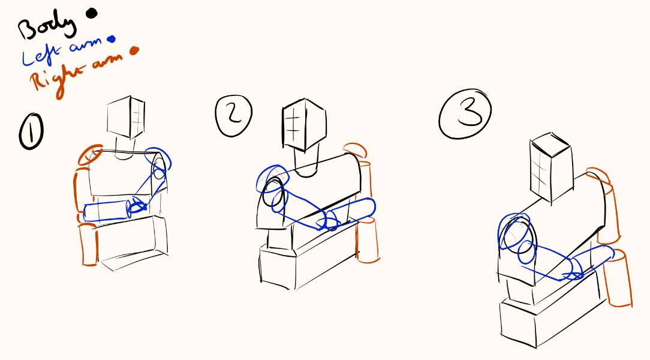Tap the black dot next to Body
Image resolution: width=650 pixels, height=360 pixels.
click(x=91, y=13)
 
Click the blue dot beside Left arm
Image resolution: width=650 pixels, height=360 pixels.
click(x=111, y=40)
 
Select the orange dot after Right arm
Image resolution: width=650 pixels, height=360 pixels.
click(x=134, y=50)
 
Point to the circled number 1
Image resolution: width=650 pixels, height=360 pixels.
click(x=31, y=132)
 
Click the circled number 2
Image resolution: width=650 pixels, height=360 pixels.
click(x=234, y=116)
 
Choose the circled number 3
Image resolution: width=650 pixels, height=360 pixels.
click(x=465, y=113)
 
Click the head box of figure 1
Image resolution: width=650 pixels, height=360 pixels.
click(x=126, y=118)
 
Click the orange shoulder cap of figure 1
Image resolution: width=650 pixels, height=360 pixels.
click(x=91, y=155)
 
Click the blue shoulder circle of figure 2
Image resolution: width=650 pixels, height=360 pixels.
click(x=272, y=179)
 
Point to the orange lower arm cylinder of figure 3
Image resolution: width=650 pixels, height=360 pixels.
click(x=617, y=278)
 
